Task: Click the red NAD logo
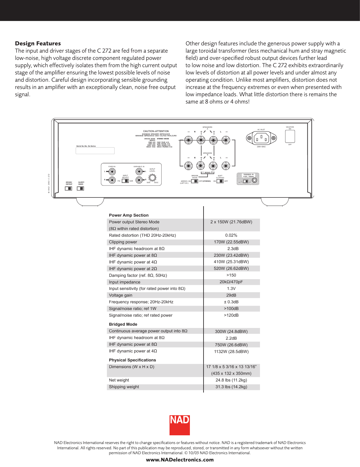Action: tap(180, 425)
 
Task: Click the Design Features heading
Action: tap(38, 44)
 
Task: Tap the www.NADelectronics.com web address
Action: tap(180, 460)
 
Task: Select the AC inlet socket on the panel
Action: tap(261, 138)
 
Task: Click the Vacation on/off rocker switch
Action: tap(290, 136)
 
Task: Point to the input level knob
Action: tap(152, 177)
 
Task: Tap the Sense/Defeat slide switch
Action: tap(69, 188)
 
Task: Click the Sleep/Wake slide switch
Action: tap(80, 188)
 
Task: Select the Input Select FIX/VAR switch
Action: tap(125, 181)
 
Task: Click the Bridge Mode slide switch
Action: tap(195, 181)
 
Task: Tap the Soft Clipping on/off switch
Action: tap(220, 181)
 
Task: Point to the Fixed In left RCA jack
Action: tap(112, 172)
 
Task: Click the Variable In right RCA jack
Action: tap(139, 180)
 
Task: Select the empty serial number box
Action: tap(95, 151)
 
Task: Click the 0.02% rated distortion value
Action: tap(231, 235)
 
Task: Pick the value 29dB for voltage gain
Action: tap(231, 295)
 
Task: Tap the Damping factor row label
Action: tap(138, 275)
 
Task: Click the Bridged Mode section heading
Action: tap(123, 324)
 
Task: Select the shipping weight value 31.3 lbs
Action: tap(231, 387)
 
